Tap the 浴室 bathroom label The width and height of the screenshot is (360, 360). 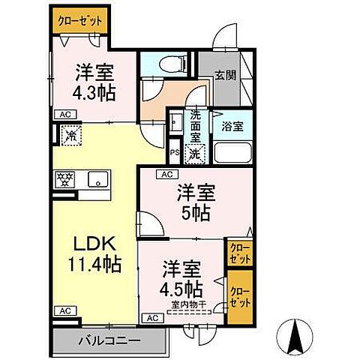(232, 127)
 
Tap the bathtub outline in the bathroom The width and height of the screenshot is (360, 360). (234, 152)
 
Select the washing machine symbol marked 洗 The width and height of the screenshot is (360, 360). (194, 154)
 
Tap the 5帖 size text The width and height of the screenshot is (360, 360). (196, 211)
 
